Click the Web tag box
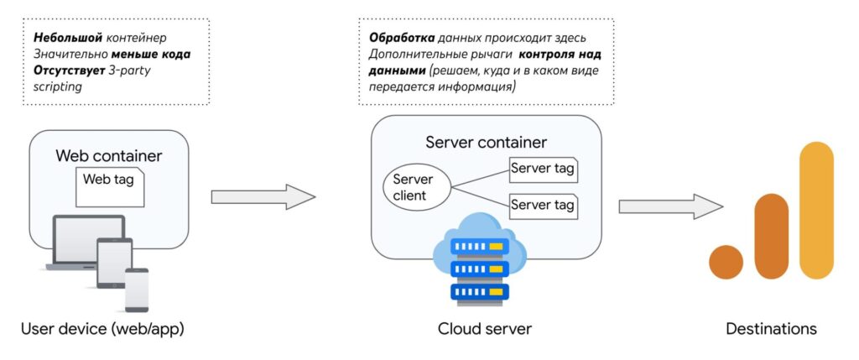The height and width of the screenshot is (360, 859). pyautogui.click(x=109, y=186)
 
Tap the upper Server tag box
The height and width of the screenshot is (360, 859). pyautogui.click(x=543, y=169)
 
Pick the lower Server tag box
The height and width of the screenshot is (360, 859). pyautogui.click(x=543, y=204)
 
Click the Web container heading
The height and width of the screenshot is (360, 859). pyautogui.click(x=109, y=156)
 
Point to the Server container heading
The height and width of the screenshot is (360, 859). pyautogui.click(x=487, y=142)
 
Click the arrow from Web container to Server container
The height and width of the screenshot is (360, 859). pyautogui.click(x=263, y=196)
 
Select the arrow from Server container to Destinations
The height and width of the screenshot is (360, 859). pyautogui.click(x=670, y=206)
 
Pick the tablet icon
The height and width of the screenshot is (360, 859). pyautogui.click(x=115, y=263)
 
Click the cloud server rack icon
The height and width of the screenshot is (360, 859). pyautogui.click(x=480, y=268)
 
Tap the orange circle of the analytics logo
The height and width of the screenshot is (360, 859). pyautogui.click(x=726, y=262)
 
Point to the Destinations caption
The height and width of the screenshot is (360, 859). pyautogui.click(x=771, y=328)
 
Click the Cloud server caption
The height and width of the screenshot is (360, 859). pyautogui.click(x=485, y=328)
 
